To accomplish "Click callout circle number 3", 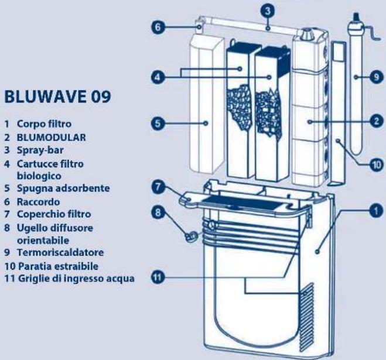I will tap(267, 11).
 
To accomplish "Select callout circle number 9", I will tap(375, 76).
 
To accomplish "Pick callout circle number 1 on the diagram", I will tap(375, 207).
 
